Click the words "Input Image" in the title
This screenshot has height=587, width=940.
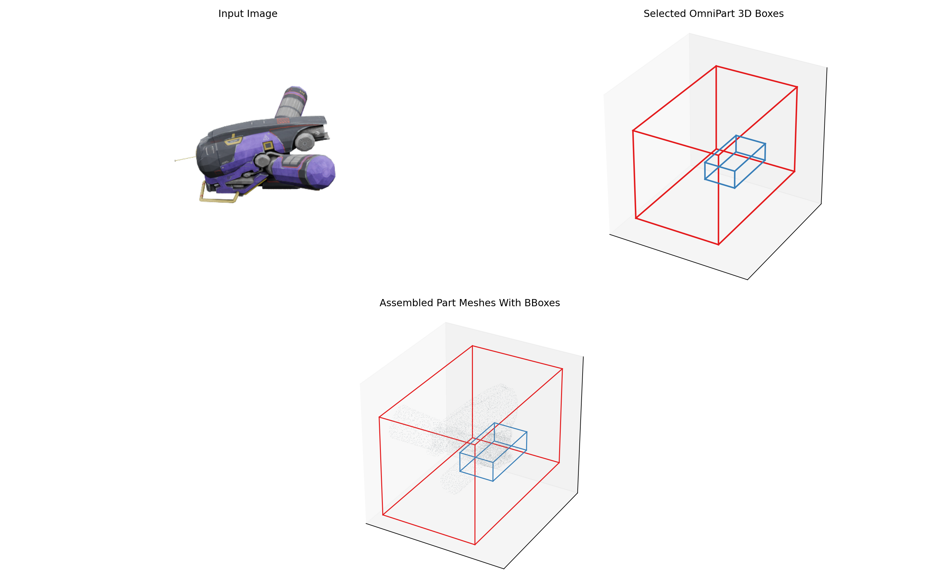click(x=248, y=14)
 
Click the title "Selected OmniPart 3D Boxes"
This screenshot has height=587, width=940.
click(x=713, y=14)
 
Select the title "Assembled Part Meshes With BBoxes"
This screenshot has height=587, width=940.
click(x=470, y=303)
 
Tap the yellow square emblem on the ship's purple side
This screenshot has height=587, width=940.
click(x=268, y=146)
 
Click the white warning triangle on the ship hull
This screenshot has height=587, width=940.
click(x=266, y=137)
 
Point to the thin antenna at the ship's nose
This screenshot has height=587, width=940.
click(x=185, y=159)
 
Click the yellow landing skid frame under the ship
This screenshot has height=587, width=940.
click(x=219, y=194)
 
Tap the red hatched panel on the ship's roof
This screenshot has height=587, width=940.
click(x=283, y=121)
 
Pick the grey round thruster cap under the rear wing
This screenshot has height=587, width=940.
click(x=305, y=142)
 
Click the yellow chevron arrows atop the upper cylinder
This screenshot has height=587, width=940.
click(x=302, y=92)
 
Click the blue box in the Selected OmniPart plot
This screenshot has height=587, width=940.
click(x=735, y=171)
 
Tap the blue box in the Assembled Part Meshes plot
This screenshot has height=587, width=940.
click(x=493, y=462)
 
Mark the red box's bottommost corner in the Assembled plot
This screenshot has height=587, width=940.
click(x=475, y=544)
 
